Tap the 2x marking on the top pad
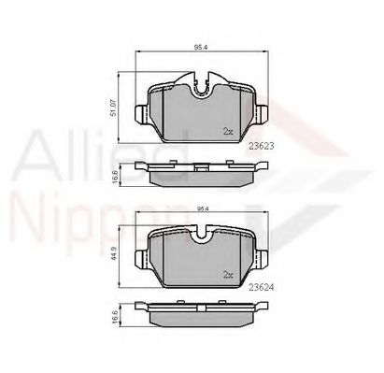pos(227,132)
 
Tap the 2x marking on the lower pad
pos(227,275)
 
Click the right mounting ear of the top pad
pos(263,116)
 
